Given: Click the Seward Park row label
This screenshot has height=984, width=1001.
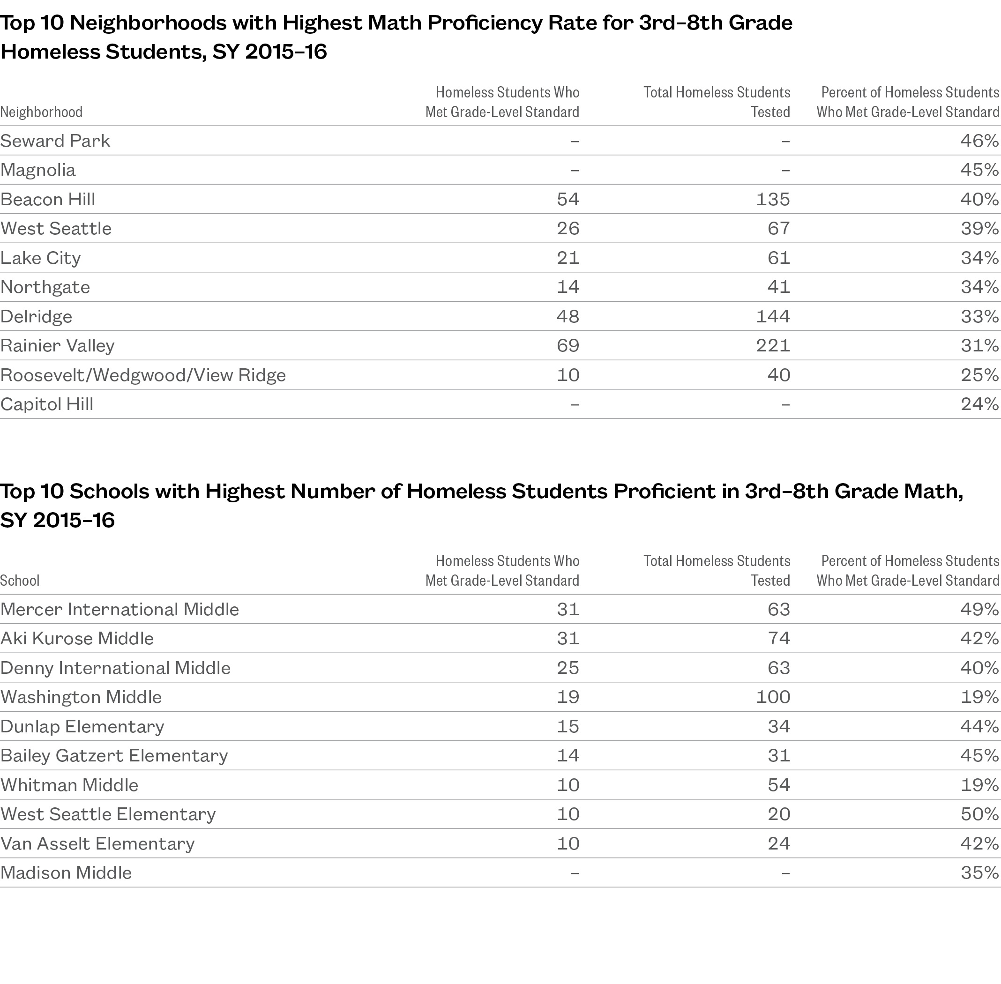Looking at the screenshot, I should click(55, 141).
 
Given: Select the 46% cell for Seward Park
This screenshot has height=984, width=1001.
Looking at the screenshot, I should click(979, 141).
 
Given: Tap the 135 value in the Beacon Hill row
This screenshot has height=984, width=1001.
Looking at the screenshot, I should click(773, 200).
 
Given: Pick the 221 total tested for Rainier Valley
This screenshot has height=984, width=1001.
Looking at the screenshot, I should click(773, 346).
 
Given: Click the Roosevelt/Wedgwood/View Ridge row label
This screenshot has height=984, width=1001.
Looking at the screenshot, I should click(143, 375).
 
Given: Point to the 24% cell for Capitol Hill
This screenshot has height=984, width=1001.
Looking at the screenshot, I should click(979, 404).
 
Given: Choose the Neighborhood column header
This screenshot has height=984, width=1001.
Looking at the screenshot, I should click(41, 112).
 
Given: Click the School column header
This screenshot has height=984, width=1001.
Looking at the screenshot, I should click(20, 581).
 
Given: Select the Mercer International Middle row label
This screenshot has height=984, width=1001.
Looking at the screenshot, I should click(120, 609).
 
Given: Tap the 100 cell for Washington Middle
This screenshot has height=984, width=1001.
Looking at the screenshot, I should click(773, 697).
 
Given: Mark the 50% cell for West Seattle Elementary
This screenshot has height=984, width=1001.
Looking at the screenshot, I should click(979, 814).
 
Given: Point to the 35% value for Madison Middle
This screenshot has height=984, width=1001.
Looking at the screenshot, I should click(979, 873).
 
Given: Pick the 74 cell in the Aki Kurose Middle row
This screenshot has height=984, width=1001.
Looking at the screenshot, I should click(778, 639).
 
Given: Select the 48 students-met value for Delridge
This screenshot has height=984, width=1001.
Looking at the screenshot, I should click(568, 316).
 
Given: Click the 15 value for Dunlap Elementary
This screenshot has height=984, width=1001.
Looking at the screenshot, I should click(568, 727).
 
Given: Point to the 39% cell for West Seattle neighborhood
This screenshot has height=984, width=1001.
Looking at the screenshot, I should click(979, 229).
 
